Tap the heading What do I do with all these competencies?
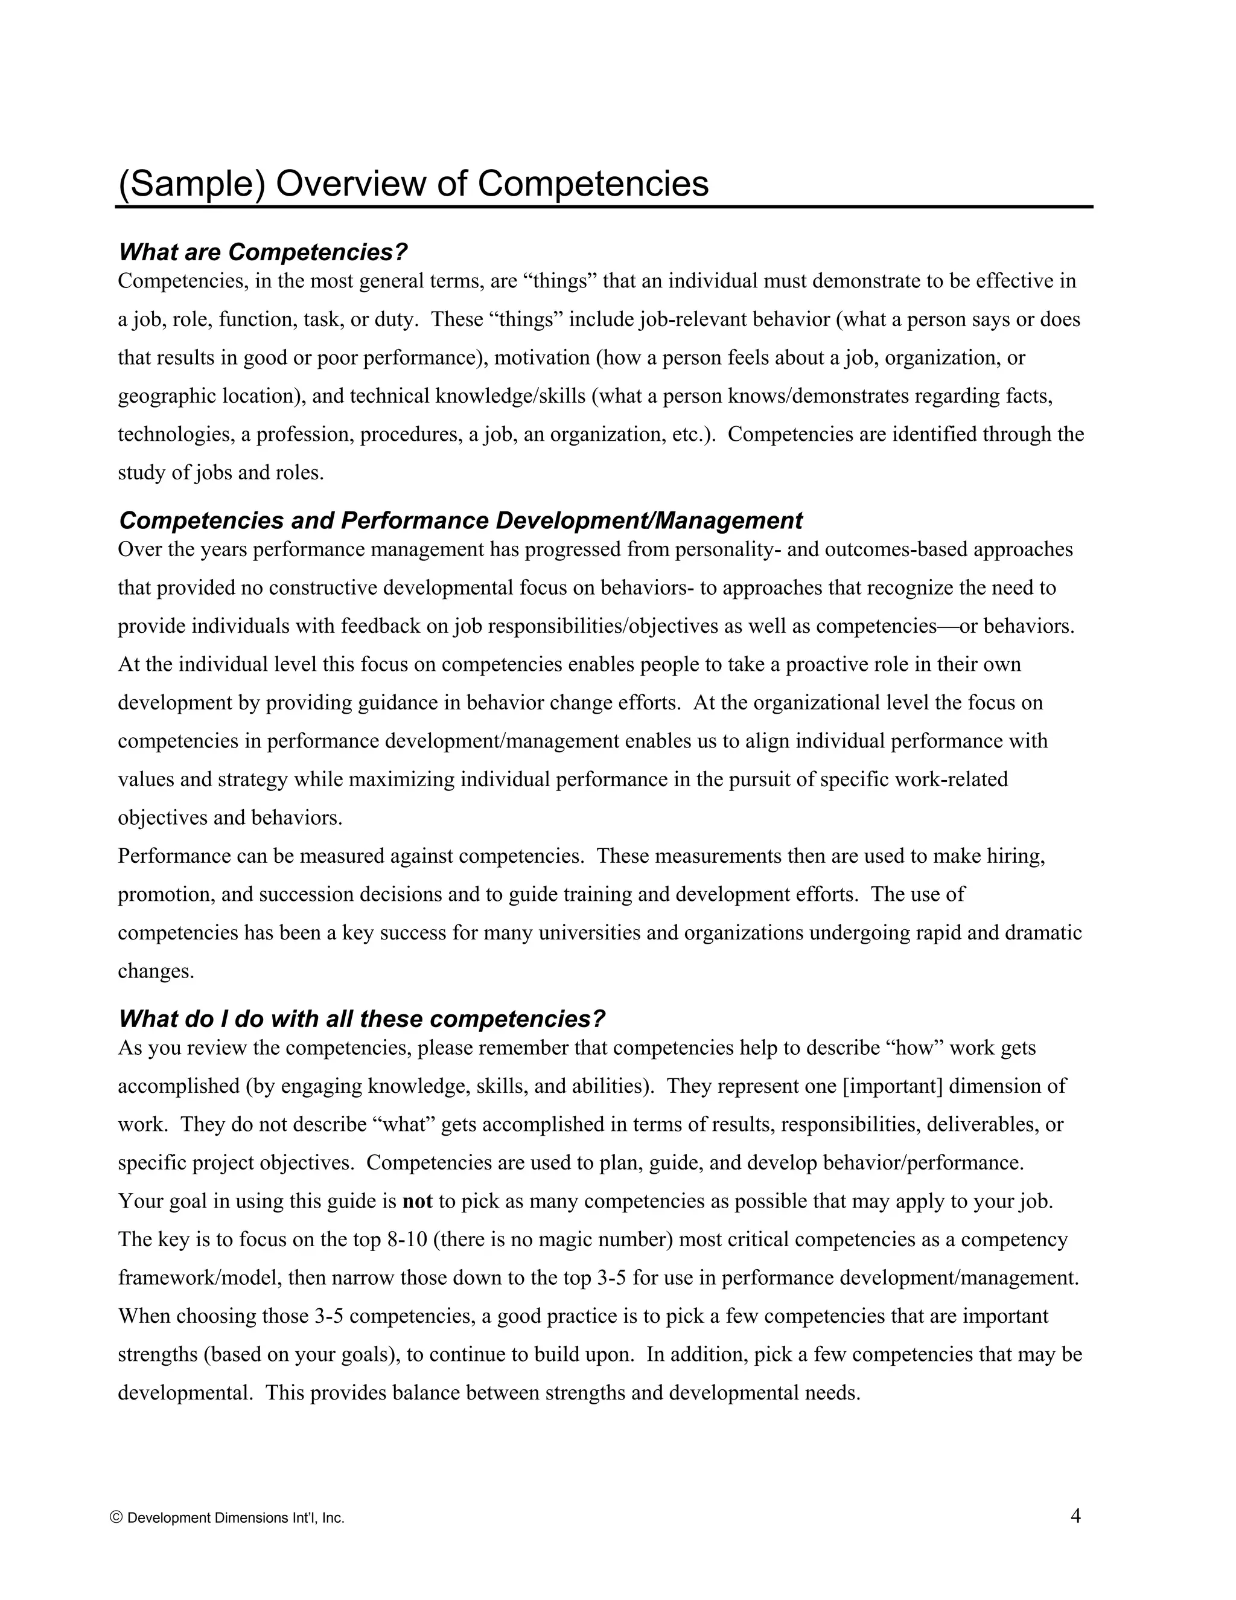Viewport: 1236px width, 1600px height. tap(362, 1019)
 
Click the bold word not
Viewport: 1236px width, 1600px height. tap(418, 1202)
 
